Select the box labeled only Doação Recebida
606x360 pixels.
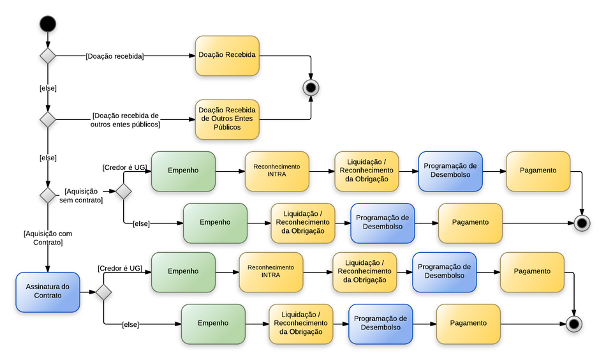point(227,56)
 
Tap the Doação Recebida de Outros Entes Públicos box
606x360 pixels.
point(227,119)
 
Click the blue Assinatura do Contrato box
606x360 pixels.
point(48,292)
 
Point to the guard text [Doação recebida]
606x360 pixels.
point(115,56)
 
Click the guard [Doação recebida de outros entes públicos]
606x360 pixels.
point(125,120)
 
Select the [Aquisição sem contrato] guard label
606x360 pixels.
point(81,196)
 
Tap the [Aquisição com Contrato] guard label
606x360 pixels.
point(48,238)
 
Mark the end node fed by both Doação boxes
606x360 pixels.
point(311,87)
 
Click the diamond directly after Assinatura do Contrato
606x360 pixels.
point(103,292)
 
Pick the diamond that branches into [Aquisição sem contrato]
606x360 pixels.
point(48,195)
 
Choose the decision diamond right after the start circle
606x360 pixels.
point(48,56)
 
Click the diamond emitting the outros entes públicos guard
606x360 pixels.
point(48,119)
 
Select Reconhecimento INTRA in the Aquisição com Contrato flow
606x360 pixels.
point(270,271)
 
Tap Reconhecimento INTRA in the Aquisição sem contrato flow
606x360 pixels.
point(277,171)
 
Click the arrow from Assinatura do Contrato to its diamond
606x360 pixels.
point(87,292)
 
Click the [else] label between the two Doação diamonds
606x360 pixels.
point(48,88)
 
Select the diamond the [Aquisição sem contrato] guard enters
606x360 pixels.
point(123,190)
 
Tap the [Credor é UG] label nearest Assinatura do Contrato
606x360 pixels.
point(119,269)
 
